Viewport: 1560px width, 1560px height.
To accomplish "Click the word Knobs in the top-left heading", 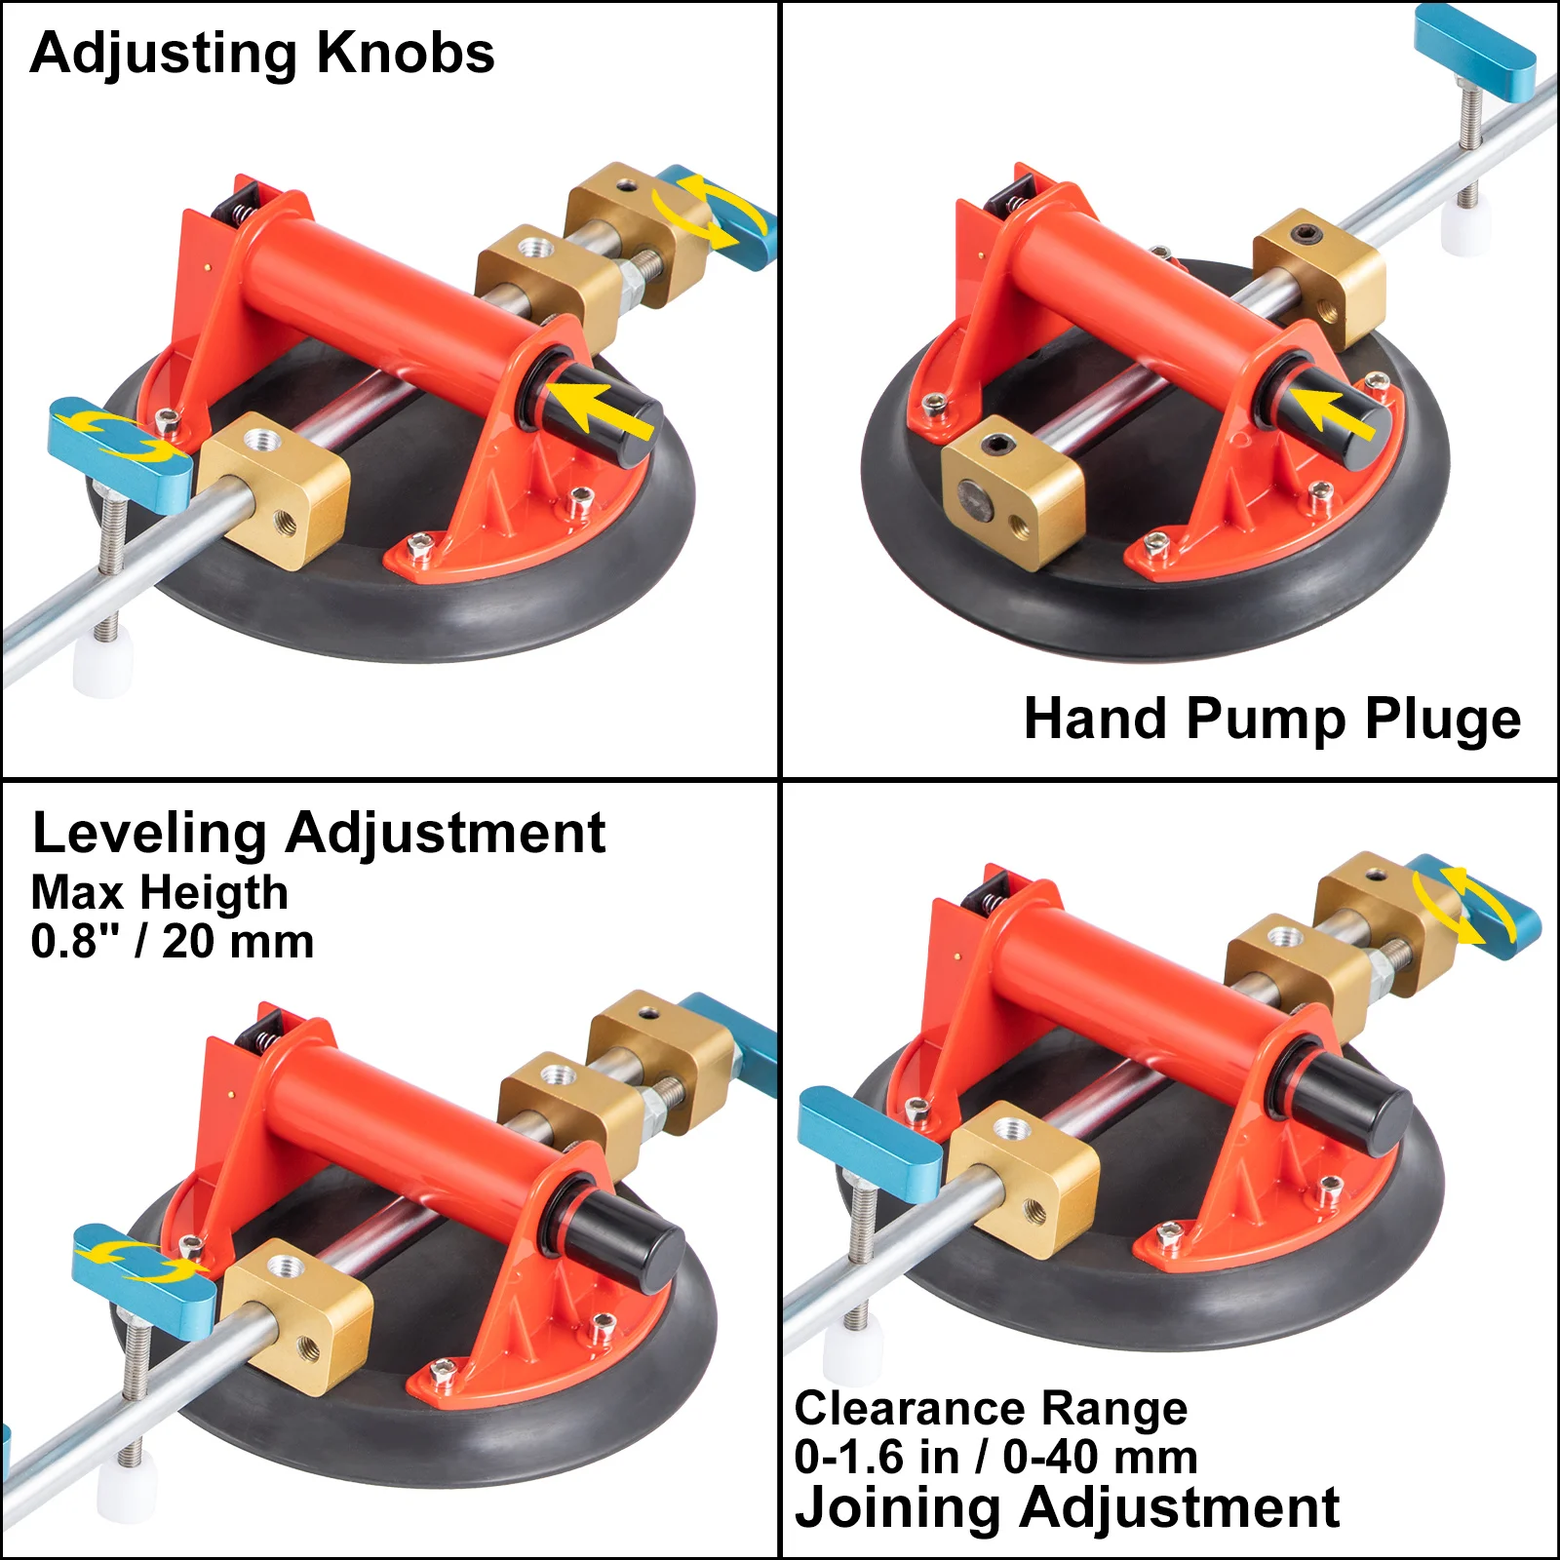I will pos(406,53).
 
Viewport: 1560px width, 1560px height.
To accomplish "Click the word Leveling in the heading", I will pos(149,834).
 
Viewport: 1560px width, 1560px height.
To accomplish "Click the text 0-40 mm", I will pos(1100,1458).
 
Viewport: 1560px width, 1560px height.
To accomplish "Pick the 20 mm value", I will pos(238,942).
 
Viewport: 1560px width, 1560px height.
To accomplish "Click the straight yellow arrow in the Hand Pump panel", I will pos(1334,411).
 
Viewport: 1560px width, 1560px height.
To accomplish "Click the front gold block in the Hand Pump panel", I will pos(1011,493).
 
